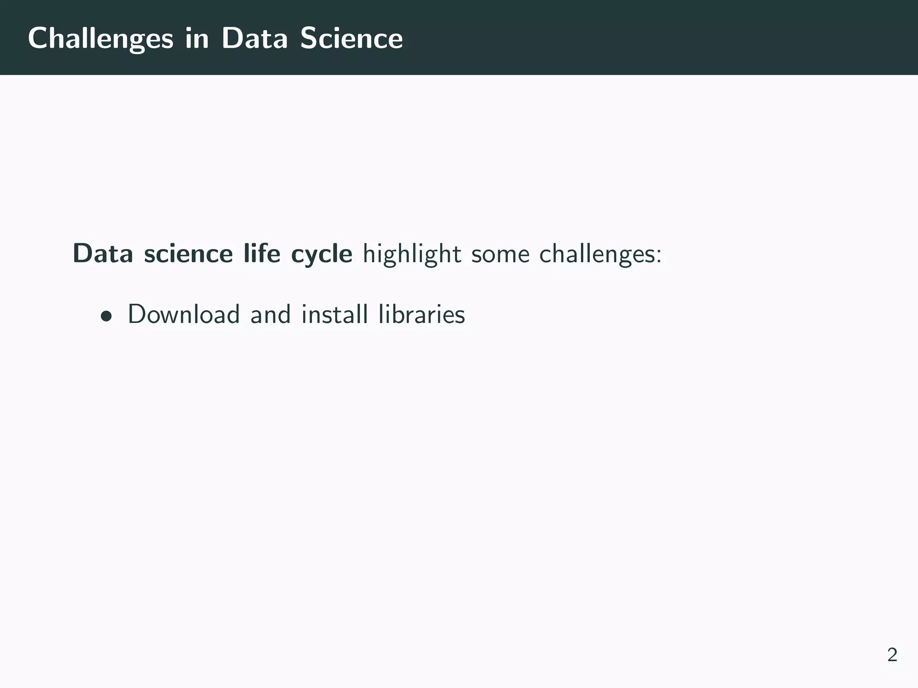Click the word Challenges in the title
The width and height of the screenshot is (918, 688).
coord(100,39)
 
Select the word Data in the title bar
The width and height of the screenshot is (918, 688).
coord(254,39)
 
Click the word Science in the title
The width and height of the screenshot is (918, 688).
coord(351,39)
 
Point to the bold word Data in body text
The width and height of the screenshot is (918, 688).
coord(103,254)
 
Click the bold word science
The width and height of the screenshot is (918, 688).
coord(188,254)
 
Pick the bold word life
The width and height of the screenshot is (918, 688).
coord(262,254)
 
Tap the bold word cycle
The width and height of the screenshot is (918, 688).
coord(321,254)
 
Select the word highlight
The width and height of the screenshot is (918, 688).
coord(411,254)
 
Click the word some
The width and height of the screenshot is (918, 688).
coord(499,254)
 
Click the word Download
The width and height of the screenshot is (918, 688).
coord(184,314)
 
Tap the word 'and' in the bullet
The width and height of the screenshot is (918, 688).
coord(270,314)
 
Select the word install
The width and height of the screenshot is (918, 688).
coord(334,314)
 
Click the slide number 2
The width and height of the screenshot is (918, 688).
coord(892,655)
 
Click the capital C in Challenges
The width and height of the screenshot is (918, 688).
coord(38,39)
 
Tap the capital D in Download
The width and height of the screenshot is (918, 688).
coord(137,314)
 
